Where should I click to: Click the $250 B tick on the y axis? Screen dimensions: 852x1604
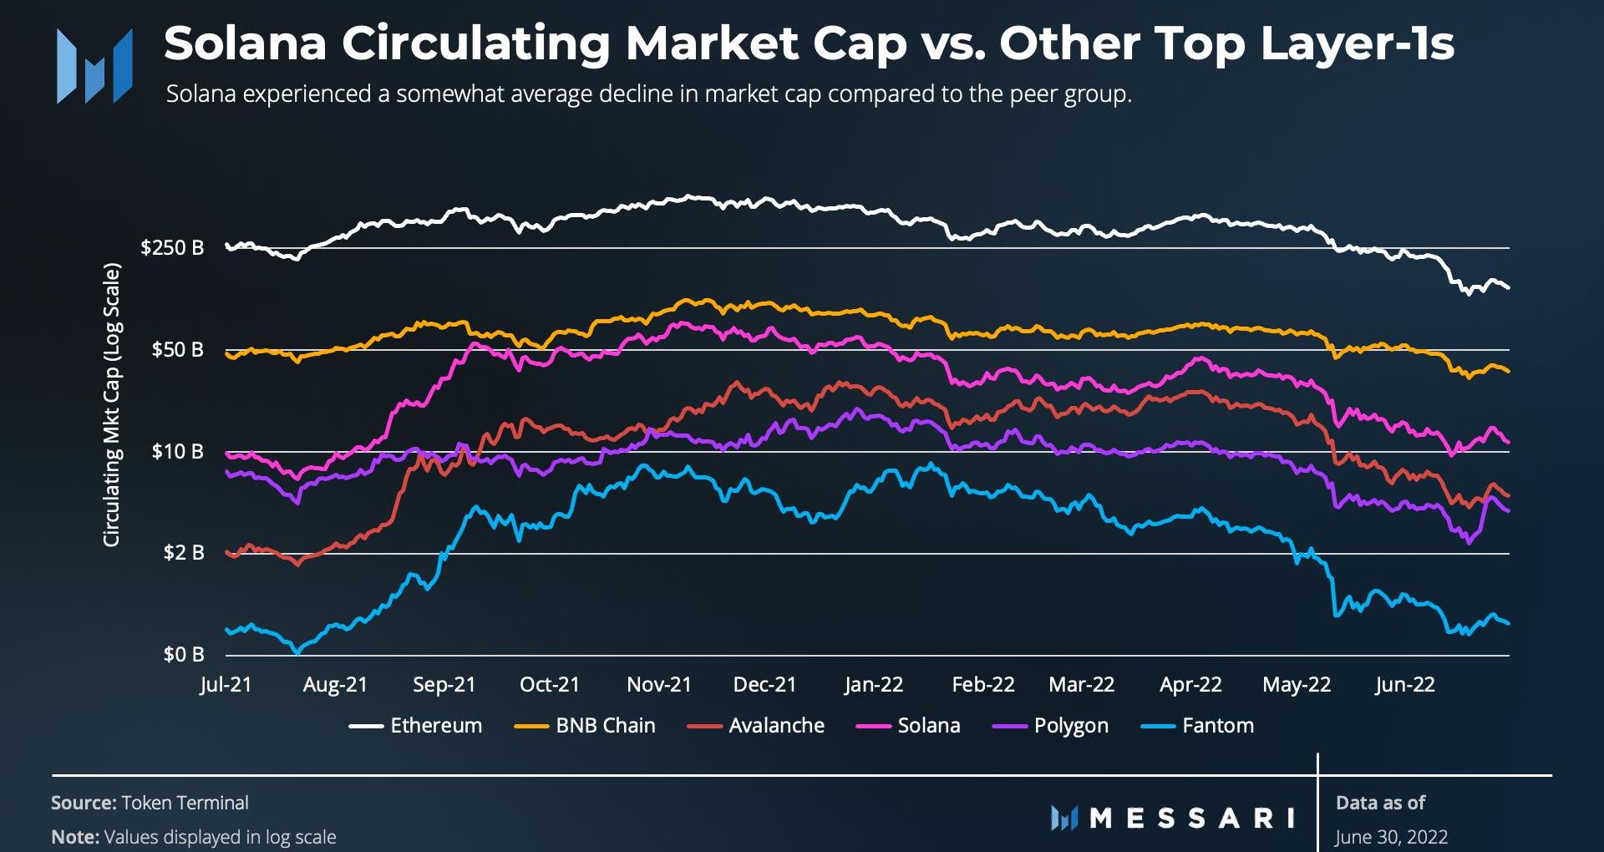tap(172, 248)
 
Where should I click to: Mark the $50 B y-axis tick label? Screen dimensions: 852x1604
tap(177, 349)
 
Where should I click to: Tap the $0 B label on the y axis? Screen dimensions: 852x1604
tap(183, 654)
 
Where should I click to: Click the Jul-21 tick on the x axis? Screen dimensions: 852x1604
tap(226, 685)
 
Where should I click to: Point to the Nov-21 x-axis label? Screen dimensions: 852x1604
tap(659, 685)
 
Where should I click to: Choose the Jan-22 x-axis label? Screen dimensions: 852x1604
tap(873, 685)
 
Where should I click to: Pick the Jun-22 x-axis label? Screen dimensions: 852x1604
tap(1404, 685)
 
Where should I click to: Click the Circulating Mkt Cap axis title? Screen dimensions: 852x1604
tap(112, 405)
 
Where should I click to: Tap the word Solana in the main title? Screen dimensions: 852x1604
tap(245, 43)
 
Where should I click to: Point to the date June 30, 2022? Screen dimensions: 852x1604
tap(1391, 836)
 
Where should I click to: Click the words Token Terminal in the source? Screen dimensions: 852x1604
tap(185, 803)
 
